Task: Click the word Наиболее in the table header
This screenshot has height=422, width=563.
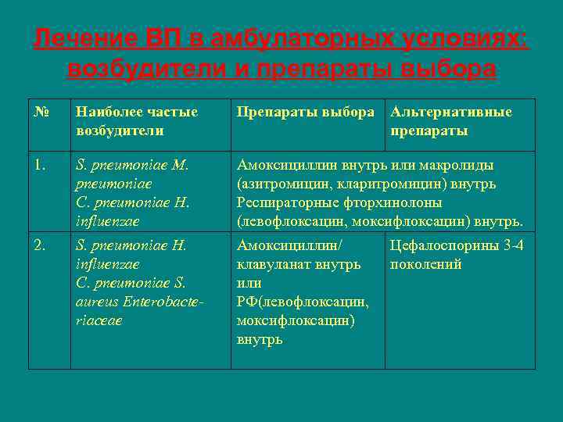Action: [106, 113]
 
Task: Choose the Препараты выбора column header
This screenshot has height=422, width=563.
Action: [306, 113]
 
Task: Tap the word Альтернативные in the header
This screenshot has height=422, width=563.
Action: [452, 113]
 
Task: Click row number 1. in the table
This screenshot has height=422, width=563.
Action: [40, 166]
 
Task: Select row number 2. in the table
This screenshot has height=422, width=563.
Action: [40, 246]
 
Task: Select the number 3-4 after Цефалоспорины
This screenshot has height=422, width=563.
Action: [515, 246]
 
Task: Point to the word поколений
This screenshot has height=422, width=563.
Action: [427, 265]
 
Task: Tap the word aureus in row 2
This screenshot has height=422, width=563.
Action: [94, 302]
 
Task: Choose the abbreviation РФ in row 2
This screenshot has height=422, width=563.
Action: [247, 302]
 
